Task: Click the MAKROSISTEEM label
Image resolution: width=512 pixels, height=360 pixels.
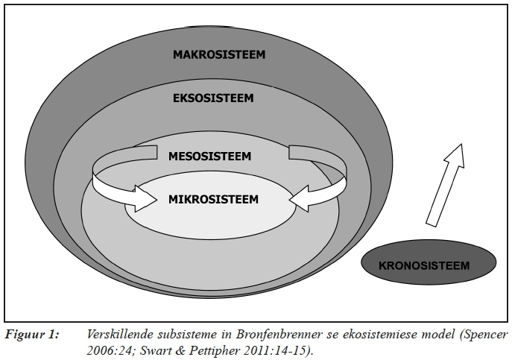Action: pyautogui.click(x=219, y=54)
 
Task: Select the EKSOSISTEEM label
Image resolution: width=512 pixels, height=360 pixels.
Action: pyautogui.click(x=213, y=98)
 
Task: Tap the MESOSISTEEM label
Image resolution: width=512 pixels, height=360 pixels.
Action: pyautogui.click(x=209, y=157)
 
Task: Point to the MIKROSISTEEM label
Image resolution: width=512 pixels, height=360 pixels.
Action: pyautogui.click(x=213, y=199)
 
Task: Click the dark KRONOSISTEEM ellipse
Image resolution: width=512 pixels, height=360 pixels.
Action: pyautogui.click(x=429, y=265)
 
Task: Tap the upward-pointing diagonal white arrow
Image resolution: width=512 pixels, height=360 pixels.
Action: pyautogui.click(x=446, y=183)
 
